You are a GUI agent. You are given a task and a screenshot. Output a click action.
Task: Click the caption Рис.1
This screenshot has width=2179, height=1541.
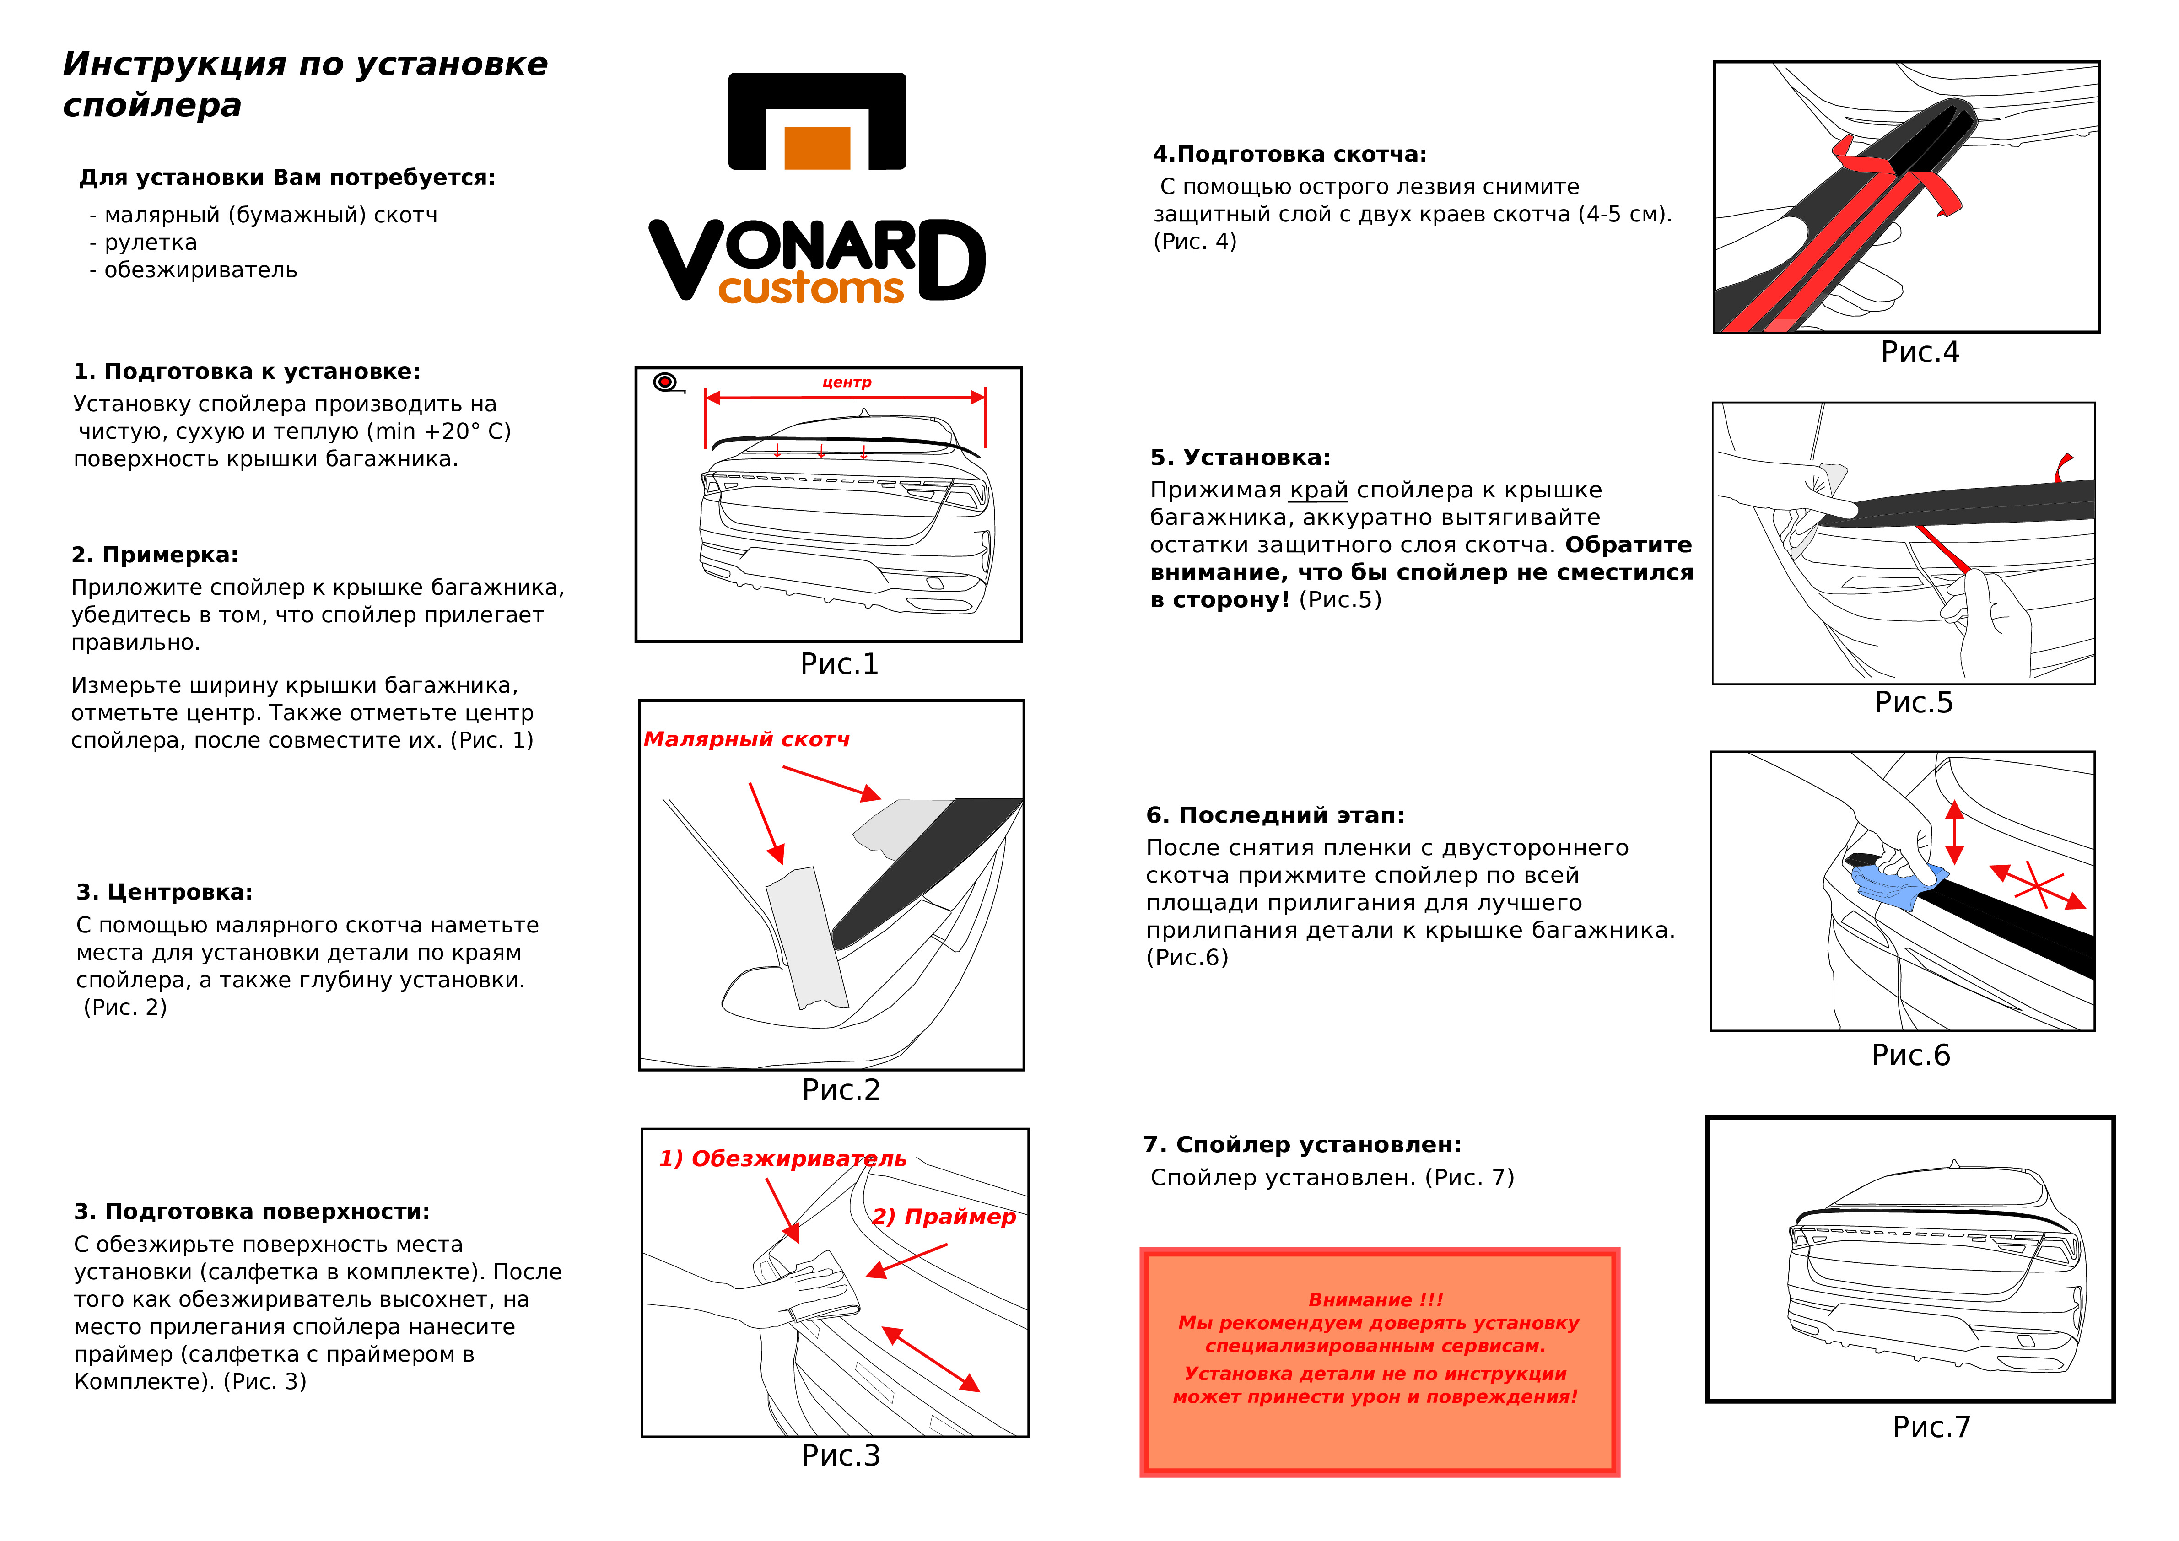(x=839, y=664)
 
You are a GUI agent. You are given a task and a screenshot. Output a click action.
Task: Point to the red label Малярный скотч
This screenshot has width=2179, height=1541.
(x=747, y=739)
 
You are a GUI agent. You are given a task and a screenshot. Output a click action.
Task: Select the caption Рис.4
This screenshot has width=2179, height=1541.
(x=1919, y=352)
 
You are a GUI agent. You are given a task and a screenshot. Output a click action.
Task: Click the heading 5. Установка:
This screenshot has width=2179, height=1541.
(x=1240, y=458)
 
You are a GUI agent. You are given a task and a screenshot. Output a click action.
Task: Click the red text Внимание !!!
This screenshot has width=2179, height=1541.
(x=1375, y=1299)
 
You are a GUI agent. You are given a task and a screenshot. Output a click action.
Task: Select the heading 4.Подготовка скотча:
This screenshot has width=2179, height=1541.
(x=1289, y=154)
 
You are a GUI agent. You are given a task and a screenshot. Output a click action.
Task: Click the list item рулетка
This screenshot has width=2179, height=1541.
(x=150, y=243)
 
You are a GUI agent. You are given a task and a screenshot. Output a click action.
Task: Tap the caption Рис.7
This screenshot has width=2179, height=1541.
(x=1931, y=1427)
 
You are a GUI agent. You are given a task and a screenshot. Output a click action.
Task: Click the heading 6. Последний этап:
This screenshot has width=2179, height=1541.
(x=1274, y=815)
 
